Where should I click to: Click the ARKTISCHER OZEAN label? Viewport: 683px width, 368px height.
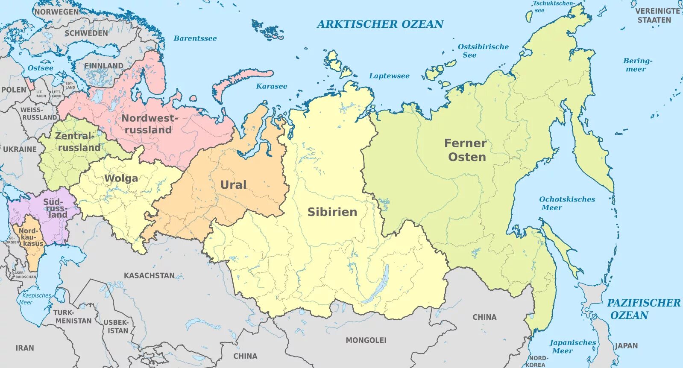click(380, 24)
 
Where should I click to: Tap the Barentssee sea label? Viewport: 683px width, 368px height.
click(195, 38)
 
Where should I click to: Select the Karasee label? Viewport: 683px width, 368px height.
click(272, 86)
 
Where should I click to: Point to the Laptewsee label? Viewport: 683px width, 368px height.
click(389, 76)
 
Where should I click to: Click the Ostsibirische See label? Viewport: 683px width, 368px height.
click(483, 50)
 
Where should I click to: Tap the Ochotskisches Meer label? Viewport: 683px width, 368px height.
click(567, 203)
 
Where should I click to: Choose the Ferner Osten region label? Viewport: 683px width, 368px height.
click(466, 150)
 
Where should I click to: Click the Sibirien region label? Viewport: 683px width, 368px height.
click(332, 212)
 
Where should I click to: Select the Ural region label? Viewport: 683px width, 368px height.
click(233, 185)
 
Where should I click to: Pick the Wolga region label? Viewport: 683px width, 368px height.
click(121, 178)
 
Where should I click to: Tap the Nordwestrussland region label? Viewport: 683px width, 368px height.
click(148, 124)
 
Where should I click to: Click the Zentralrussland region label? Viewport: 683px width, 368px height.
click(78, 142)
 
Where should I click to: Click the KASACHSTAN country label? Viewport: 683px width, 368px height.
click(149, 276)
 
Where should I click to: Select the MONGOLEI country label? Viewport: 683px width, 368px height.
click(366, 340)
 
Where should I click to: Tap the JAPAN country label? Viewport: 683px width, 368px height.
click(626, 346)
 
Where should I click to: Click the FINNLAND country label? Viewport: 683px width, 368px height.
click(103, 66)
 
